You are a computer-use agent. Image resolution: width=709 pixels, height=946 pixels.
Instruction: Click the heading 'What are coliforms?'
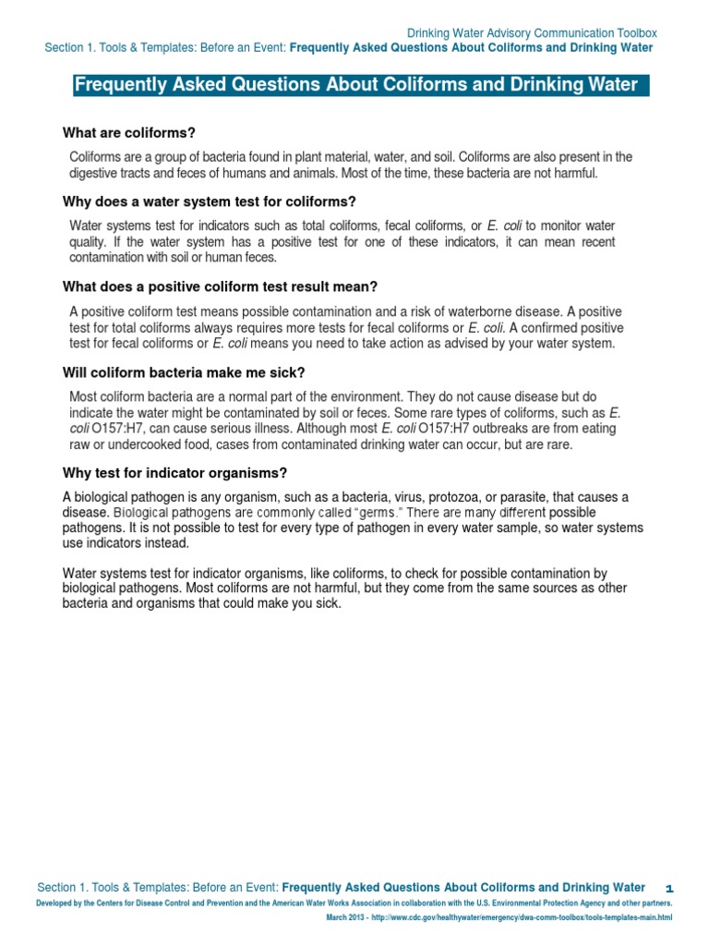[x=128, y=133]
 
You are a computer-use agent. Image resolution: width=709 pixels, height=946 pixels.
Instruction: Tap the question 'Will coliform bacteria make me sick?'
[x=183, y=372]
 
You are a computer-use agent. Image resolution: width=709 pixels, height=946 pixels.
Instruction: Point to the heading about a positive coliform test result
[x=220, y=286]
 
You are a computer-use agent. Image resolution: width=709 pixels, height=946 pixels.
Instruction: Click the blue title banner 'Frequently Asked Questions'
[x=355, y=86]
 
